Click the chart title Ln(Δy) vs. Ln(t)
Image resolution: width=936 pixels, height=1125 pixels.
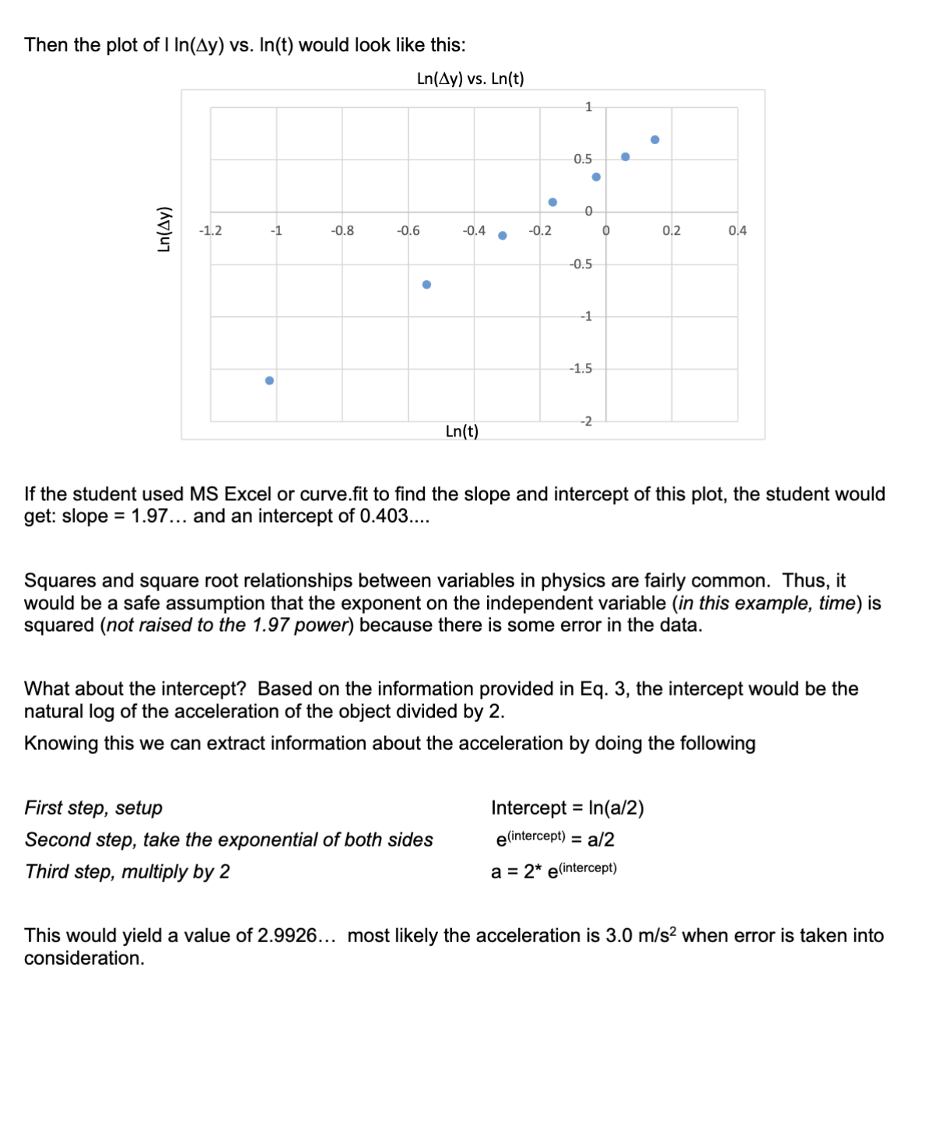pos(470,79)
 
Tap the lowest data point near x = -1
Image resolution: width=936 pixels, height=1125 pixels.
pos(269,380)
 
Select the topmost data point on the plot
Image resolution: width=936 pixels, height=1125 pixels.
pos(655,140)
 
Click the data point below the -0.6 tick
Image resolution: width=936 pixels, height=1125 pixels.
pos(426,285)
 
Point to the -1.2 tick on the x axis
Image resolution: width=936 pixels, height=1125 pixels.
pos(210,230)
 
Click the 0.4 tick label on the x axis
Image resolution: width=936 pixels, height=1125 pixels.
pos(737,230)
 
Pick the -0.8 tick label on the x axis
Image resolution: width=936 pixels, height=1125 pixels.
pos(342,230)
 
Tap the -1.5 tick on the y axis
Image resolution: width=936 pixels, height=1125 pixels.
pos(580,369)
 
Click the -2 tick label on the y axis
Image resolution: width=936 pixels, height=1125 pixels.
pos(586,421)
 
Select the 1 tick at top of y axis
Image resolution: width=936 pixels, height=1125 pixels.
pos(588,107)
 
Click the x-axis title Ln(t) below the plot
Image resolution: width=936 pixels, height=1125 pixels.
pos(462,432)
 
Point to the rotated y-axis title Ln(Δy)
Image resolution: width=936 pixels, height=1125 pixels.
pos(163,230)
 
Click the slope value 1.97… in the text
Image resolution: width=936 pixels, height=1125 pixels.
pos(159,517)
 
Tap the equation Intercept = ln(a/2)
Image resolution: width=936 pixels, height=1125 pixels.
pos(567,808)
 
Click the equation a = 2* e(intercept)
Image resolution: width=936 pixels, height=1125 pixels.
pos(553,871)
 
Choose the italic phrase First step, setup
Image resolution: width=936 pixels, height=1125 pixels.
pos(93,808)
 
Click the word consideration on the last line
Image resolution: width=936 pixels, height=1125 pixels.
pos(83,959)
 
